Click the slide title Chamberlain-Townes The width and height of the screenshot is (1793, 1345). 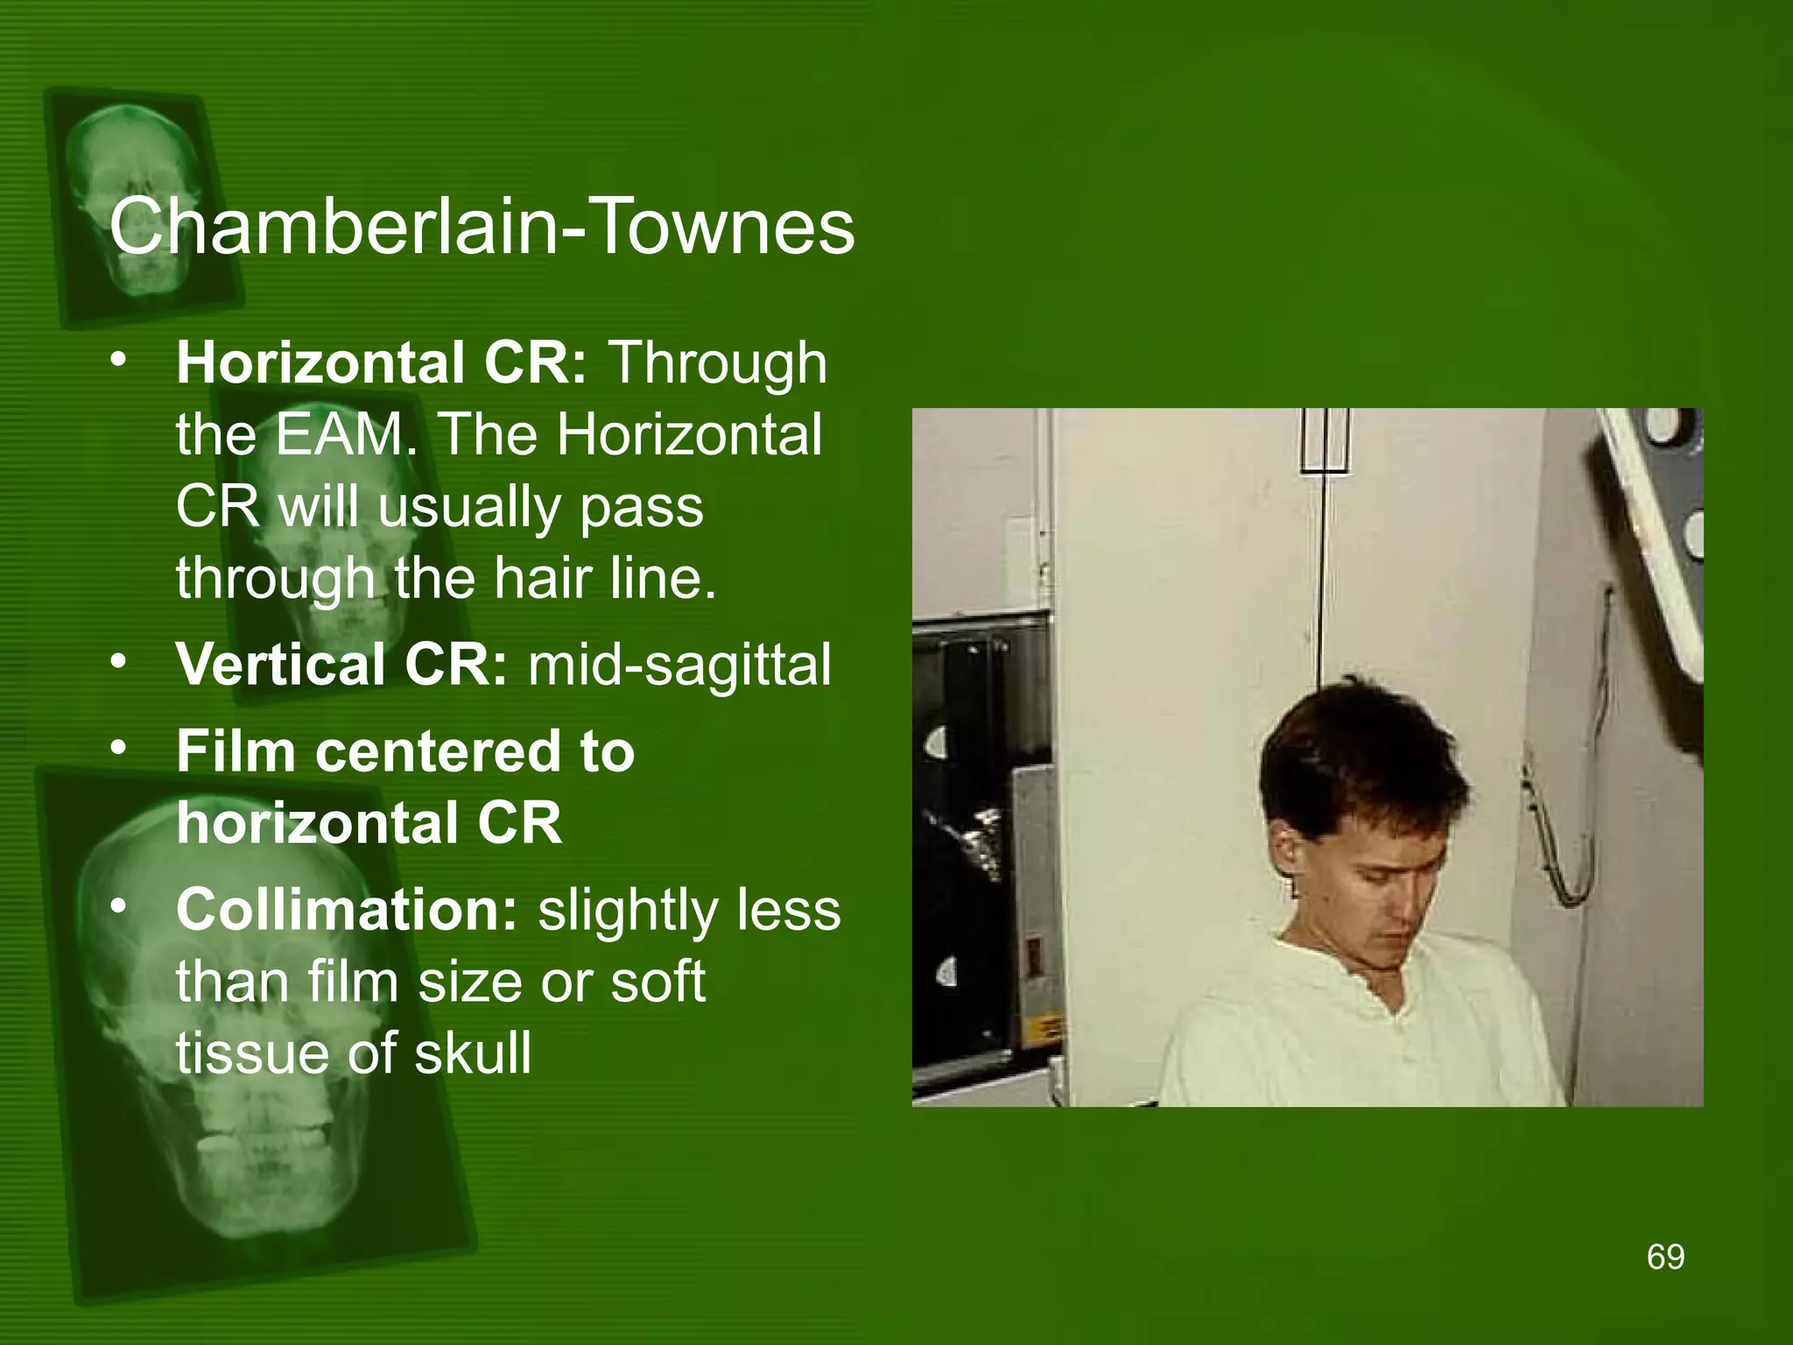click(482, 227)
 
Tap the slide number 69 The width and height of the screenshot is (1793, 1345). click(1665, 1257)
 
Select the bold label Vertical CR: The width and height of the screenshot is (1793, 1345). click(341, 664)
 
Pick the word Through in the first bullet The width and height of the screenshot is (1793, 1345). click(717, 364)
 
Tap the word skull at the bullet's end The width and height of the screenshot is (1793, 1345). click(473, 1053)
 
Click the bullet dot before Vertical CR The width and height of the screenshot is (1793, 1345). click(120, 661)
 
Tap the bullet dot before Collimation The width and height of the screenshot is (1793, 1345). click(120, 906)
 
